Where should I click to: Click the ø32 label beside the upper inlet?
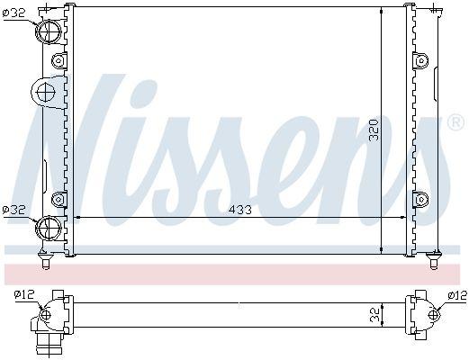(x=14, y=14)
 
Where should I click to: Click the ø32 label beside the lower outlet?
(x=14, y=211)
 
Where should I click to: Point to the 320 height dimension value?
(x=375, y=132)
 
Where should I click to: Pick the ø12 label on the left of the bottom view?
(x=24, y=293)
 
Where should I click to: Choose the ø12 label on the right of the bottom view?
(x=456, y=293)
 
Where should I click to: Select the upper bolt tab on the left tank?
(x=59, y=61)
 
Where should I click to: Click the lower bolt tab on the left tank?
(x=59, y=198)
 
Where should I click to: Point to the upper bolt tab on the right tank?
(x=420, y=61)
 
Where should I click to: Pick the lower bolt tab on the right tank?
(x=420, y=198)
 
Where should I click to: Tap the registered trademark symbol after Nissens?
(x=455, y=121)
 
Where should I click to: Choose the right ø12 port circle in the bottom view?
(x=433, y=315)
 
